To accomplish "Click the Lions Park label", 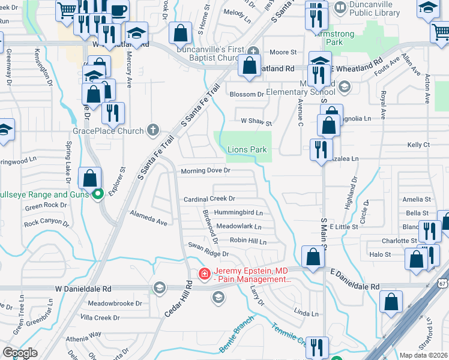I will coord(247,149).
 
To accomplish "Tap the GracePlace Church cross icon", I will coord(153,130).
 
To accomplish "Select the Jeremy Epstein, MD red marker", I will coord(205,274).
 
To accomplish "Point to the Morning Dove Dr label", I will coord(206,170).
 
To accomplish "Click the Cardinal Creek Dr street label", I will coord(209,199).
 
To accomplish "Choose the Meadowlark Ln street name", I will coord(239,227).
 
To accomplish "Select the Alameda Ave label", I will coord(148,218).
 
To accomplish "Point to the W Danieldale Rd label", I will coord(83,289).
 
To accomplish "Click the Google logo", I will coord(20,353).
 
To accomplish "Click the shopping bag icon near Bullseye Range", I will coord(90,179).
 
